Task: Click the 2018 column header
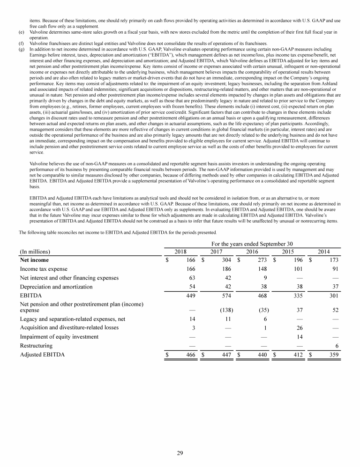click(x=180, y=252)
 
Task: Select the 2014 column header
click(x=323, y=252)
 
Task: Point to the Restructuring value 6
click(x=337, y=346)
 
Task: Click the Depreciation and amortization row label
click(x=56, y=287)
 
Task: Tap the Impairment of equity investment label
click(x=59, y=336)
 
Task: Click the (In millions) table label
click(x=35, y=252)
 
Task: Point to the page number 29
click(x=180, y=453)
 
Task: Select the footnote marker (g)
click(x=21, y=48)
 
